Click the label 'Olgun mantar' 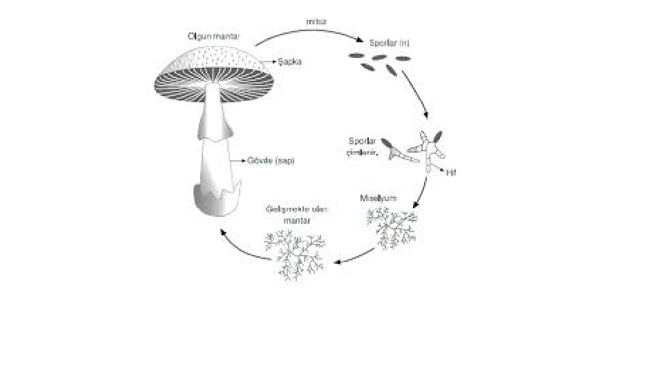point(213,36)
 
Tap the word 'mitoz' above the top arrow point(316,21)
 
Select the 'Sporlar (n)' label point(390,43)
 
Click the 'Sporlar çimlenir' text point(363,146)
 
